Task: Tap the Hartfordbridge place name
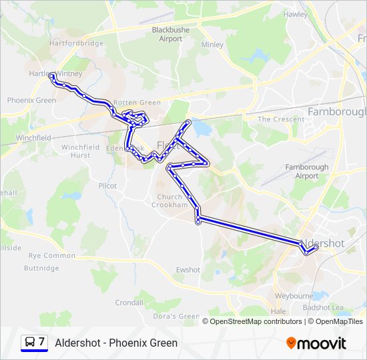76,43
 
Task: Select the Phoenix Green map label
31,100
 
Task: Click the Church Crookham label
173,201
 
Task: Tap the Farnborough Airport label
307,171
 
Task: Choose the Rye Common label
51,255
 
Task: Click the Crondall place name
129,302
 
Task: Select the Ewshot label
188,269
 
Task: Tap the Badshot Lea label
322,307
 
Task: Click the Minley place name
212,45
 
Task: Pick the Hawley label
295,14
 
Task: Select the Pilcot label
107,185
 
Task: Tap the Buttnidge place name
41,268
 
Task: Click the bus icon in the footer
30,343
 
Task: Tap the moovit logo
316,343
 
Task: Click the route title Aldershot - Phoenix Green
116,343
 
